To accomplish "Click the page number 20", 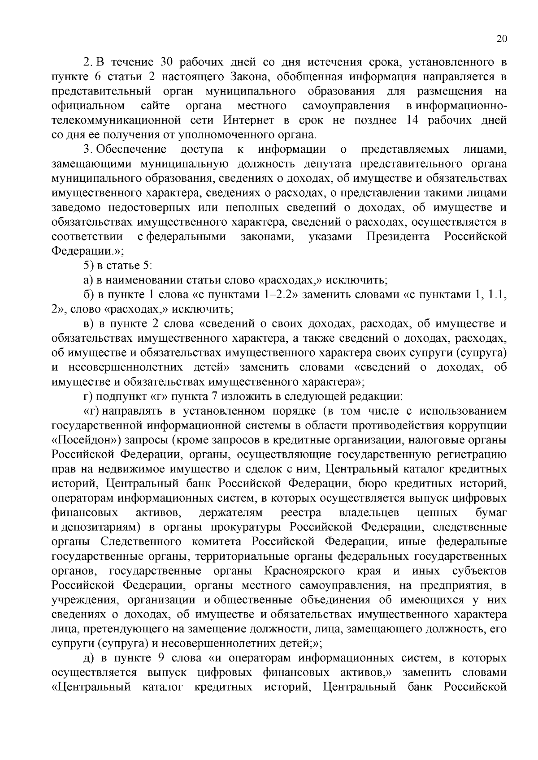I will [501, 39].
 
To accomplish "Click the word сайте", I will [155, 106].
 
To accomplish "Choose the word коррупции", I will [478, 425].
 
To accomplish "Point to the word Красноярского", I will [304, 571].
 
